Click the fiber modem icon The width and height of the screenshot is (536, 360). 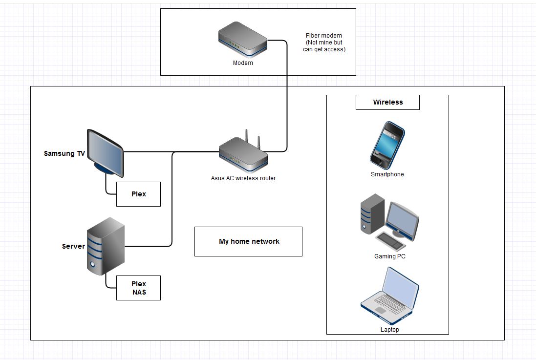(243, 42)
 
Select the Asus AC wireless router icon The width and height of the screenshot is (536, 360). (243, 154)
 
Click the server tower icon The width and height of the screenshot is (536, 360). (105, 247)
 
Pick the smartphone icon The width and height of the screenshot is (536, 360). (387, 145)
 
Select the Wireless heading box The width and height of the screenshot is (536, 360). (387, 102)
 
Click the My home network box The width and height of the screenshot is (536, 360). (248, 241)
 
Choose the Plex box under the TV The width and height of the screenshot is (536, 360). (138, 194)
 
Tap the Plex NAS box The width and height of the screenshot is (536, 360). (138, 288)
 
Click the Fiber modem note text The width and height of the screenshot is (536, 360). (324, 42)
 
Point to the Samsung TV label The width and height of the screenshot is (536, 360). (64, 153)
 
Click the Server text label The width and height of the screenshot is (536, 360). (73, 246)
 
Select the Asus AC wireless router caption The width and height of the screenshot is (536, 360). (243, 178)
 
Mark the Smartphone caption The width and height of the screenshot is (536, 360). (387, 174)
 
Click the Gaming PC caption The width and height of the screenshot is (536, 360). (390, 256)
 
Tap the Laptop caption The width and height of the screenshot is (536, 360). (389, 330)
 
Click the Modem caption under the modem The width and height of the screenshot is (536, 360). (243, 63)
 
